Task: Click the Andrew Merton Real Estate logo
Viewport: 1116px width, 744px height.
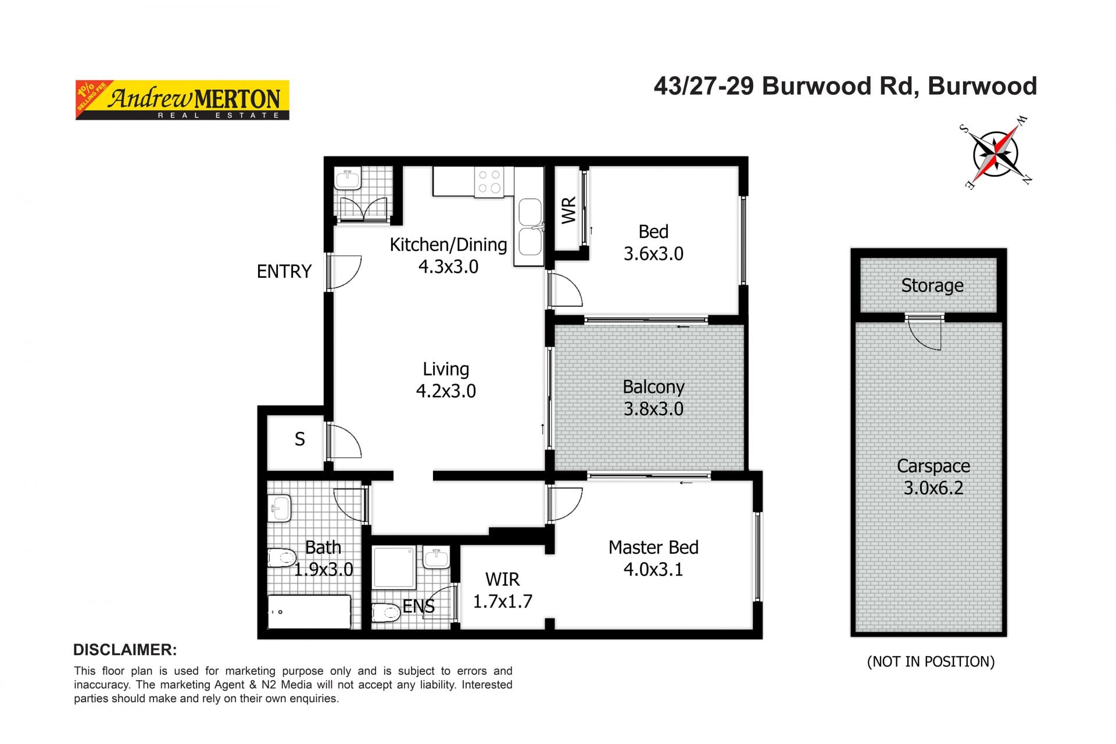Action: pos(182,100)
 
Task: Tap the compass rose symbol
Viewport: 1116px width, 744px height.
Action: pos(996,153)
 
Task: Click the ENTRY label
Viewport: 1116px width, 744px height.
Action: pos(284,271)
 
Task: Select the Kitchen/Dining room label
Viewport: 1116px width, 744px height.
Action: pos(448,245)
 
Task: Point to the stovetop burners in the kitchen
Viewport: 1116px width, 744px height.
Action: pos(489,181)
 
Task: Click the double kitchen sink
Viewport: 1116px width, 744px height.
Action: pos(530,227)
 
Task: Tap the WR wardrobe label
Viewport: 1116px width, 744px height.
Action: pos(568,210)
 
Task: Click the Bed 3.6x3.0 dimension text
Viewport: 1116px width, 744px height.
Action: pos(653,254)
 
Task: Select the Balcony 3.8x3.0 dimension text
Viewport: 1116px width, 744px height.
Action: pos(653,409)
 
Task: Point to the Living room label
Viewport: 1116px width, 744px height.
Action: pos(446,369)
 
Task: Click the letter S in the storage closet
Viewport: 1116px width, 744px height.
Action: pos(300,439)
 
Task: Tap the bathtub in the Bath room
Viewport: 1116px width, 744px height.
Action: pos(309,611)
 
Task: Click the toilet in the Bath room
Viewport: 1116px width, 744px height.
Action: pos(282,558)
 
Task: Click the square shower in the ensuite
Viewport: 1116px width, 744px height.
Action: pos(395,567)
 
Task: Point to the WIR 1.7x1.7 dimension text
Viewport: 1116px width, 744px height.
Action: pos(503,601)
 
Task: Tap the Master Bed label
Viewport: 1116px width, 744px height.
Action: pos(653,548)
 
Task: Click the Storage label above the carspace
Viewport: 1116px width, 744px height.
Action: pos(932,285)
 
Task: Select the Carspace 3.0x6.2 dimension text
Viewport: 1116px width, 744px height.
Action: pos(933,488)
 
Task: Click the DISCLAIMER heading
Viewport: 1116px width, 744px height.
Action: pos(125,650)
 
